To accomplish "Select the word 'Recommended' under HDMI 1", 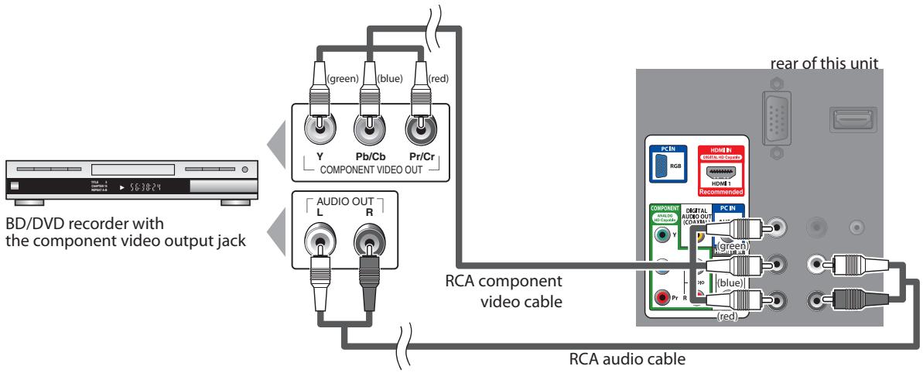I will coord(720,191).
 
